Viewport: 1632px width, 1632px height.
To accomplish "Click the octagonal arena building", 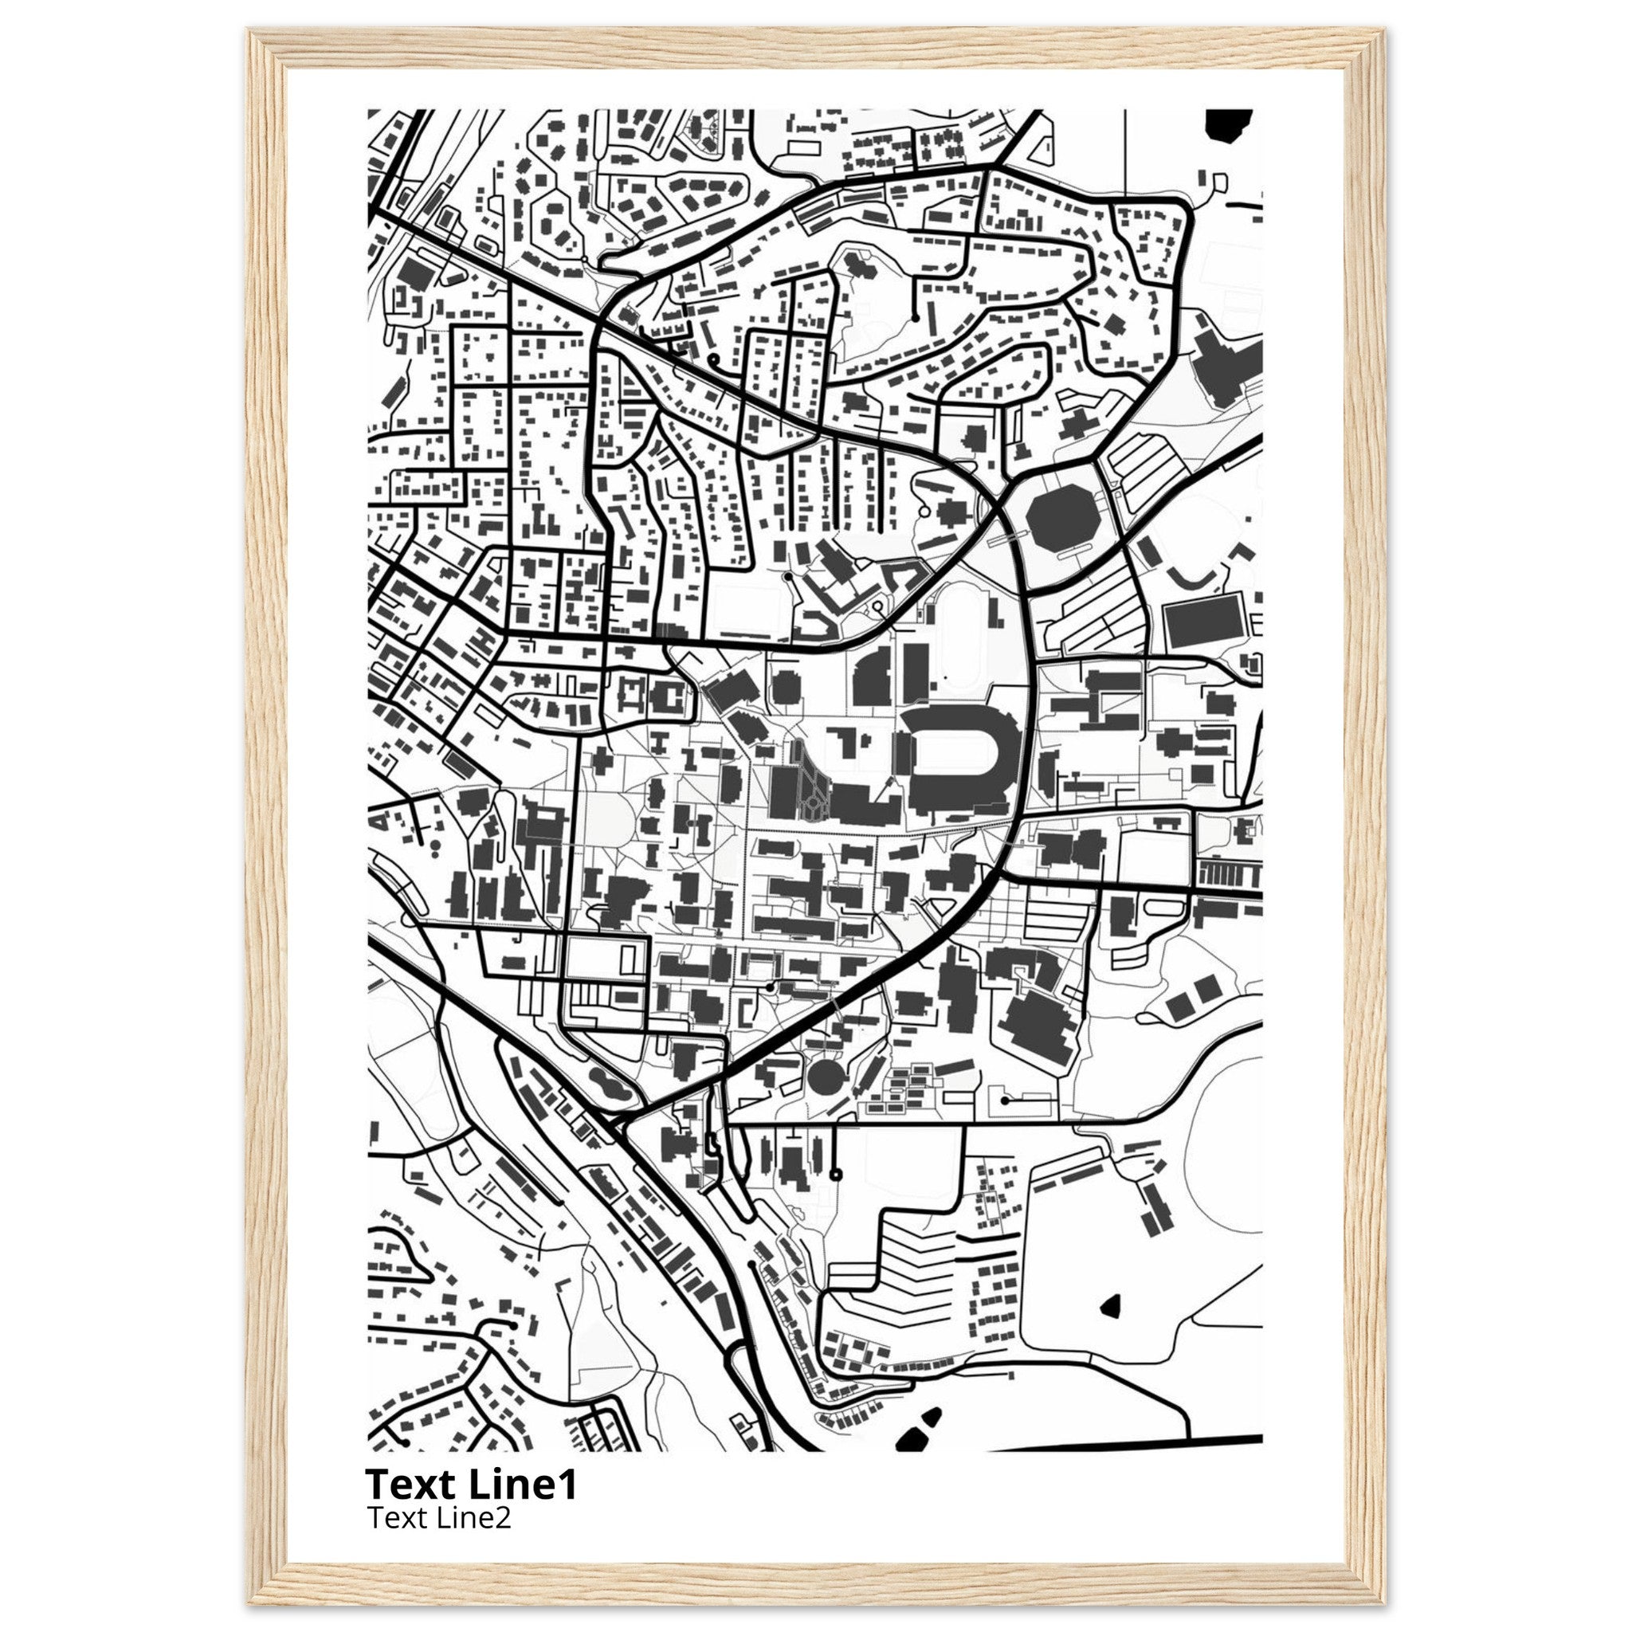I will (x=1061, y=512).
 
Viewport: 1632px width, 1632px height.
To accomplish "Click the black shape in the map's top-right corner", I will (x=1228, y=124).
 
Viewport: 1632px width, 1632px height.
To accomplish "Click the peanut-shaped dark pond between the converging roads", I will (x=608, y=1084).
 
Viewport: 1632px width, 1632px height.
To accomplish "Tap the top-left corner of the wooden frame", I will (x=251, y=31).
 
